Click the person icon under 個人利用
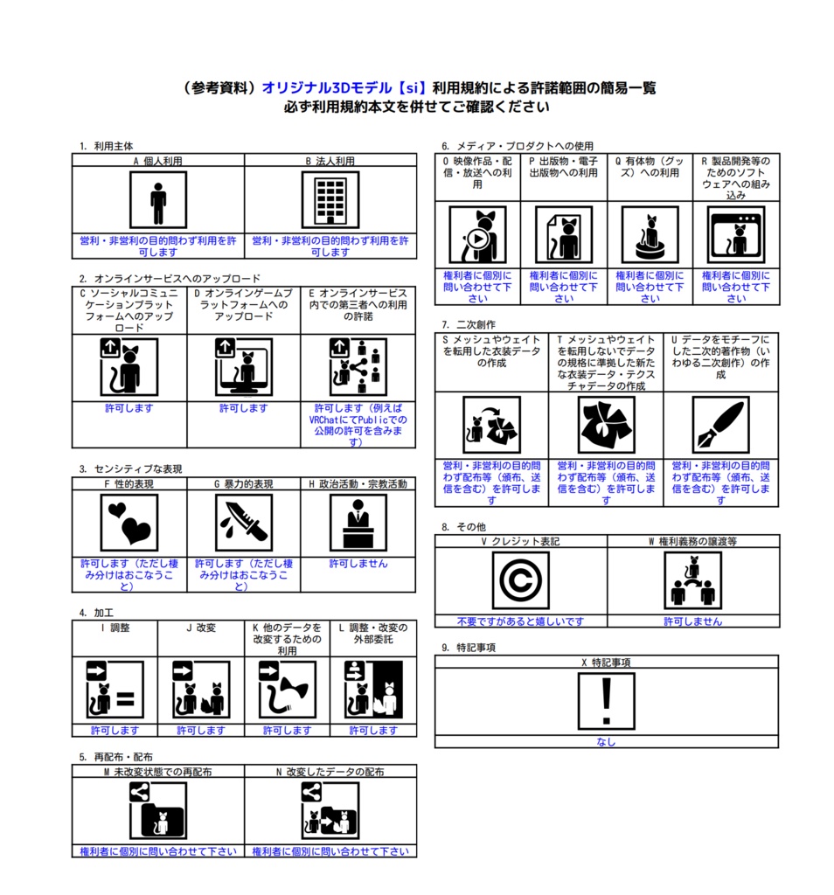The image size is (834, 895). tap(158, 200)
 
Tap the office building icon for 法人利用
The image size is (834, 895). tap(330, 200)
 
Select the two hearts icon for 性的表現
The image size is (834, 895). tap(129, 523)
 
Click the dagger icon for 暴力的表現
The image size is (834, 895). tap(244, 523)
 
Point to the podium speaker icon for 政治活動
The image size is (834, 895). tap(358, 523)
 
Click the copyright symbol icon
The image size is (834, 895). tap(521, 581)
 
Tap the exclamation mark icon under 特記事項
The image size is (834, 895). tap(606, 702)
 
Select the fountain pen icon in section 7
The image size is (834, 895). tap(721, 426)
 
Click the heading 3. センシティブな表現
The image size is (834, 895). tap(131, 468)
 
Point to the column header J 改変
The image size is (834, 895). tap(201, 628)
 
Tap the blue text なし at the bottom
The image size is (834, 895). tap(606, 742)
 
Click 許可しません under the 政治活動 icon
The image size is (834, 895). tap(358, 564)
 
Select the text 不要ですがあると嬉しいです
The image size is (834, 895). tap(521, 621)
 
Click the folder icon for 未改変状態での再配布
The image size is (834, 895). tap(158, 810)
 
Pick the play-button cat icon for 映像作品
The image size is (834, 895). tap(478, 234)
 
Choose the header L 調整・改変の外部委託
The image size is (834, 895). tap(373, 634)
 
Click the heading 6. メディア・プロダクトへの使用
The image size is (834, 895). tap(518, 146)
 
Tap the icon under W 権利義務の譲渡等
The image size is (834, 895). tap(693, 581)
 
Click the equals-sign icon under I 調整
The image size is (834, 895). tap(115, 690)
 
